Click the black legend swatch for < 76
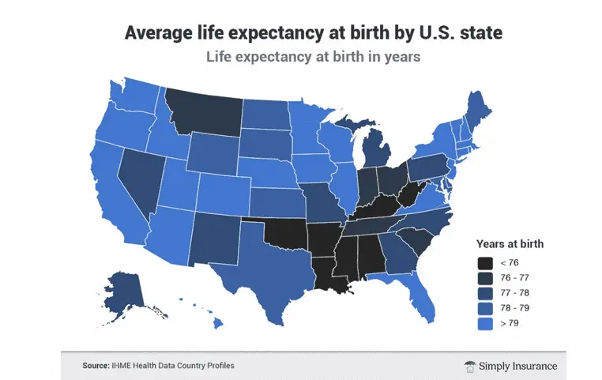[x=484, y=263]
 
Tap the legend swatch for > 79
[x=484, y=323]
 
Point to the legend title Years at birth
[x=510, y=244]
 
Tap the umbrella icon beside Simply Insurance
[x=470, y=366]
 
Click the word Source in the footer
[x=96, y=366]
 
